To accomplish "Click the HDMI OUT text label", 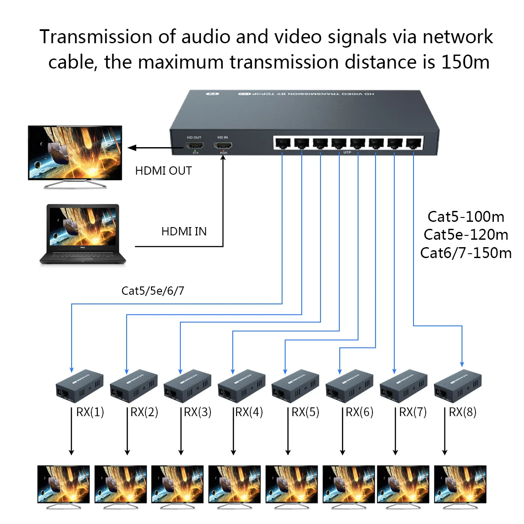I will tap(163, 171).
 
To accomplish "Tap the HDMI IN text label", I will tap(184, 231).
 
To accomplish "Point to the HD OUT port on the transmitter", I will tap(195, 145).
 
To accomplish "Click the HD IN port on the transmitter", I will tap(223, 145).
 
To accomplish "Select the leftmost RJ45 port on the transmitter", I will tap(283, 143).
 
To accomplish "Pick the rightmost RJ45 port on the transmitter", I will tap(414, 143).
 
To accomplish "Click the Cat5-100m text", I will tap(465, 217).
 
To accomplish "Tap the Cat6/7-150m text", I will tap(465, 253).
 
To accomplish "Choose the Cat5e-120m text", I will tap(465, 234).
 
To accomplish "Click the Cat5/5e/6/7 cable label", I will tap(153, 290).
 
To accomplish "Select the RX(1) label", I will tap(90, 412).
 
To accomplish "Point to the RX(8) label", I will tap(462, 412).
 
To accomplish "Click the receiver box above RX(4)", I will tap(241, 386).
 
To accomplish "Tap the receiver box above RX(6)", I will tap(349, 386).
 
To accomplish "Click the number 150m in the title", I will tap(465, 62).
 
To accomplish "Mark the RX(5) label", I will tap(305, 412).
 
